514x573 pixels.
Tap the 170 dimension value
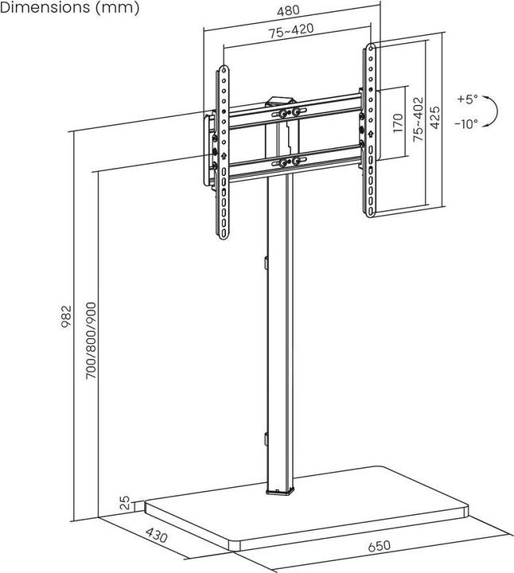pyautogui.click(x=397, y=124)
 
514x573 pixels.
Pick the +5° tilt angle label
pyautogui.click(x=468, y=99)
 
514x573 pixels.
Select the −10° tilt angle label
pyautogui.click(x=466, y=124)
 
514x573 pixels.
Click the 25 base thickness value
pyautogui.click(x=125, y=503)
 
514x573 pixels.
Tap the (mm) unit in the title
pyautogui.click(x=116, y=8)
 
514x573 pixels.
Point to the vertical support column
pyautogui.click(x=281, y=334)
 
